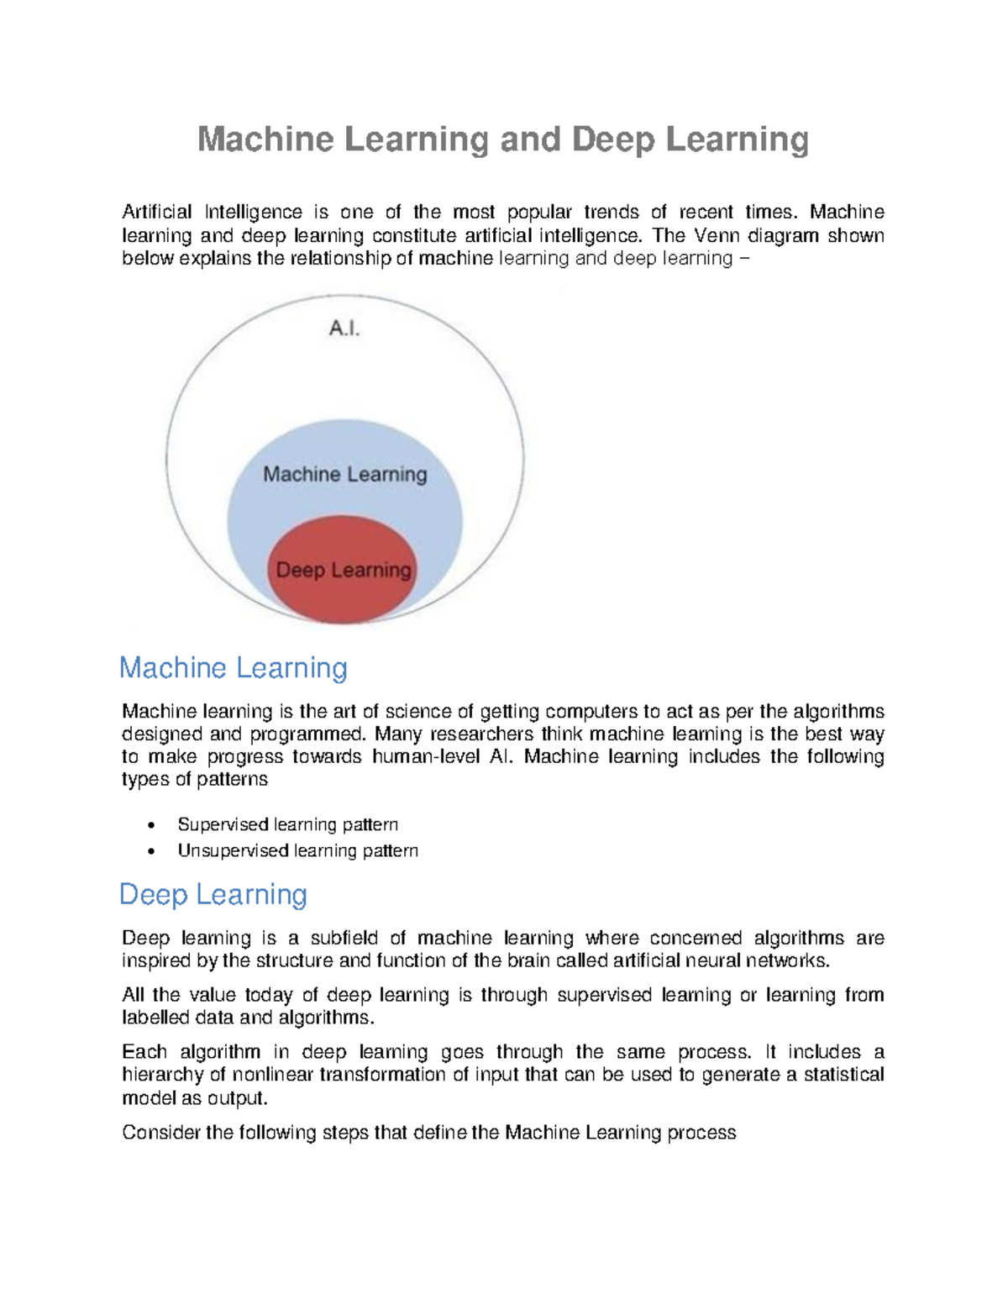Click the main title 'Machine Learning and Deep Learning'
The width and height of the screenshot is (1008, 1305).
(502, 139)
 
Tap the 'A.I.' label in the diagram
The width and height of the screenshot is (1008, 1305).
(344, 329)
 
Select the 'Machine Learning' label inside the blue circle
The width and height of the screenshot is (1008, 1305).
(344, 475)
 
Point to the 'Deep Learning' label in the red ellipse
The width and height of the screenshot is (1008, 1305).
(344, 571)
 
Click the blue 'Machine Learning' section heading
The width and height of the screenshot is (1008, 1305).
(233, 668)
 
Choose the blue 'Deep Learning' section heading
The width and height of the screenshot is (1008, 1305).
(213, 894)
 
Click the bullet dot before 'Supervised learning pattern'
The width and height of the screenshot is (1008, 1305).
(151, 825)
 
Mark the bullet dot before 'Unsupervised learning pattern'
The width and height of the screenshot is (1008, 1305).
(151, 851)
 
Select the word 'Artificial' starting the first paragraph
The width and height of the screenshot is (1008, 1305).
(157, 212)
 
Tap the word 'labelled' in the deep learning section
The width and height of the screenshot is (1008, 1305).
(154, 1018)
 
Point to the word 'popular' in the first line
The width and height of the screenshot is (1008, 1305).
(539, 212)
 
